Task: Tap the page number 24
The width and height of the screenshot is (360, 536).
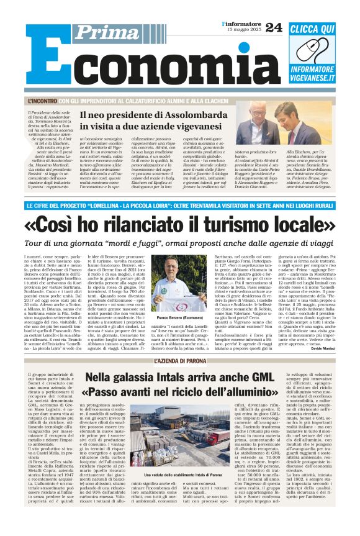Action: [273, 27]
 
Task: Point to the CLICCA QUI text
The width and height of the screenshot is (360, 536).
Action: [312, 29]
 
